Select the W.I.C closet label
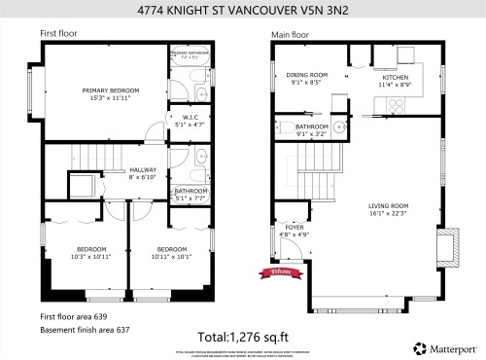[x=190, y=120]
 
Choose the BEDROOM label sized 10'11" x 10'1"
[x=171, y=252]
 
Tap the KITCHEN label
[x=395, y=80]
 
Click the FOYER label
[x=295, y=230]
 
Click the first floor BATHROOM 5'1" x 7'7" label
[x=190, y=194]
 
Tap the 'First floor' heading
[x=59, y=33]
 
